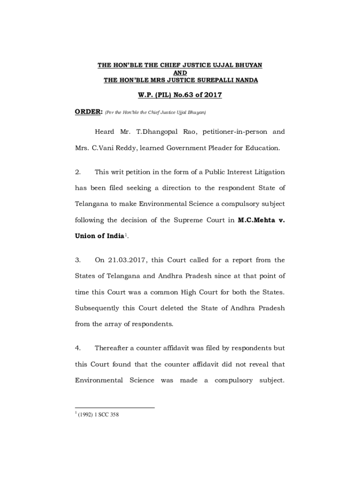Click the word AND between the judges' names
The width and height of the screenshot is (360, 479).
point(180,73)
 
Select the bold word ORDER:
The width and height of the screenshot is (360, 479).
point(89,112)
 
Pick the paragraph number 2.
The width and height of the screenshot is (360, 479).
point(78,172)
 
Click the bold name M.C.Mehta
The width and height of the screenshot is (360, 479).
point(255,220)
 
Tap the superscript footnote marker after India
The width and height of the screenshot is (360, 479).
point(125,234)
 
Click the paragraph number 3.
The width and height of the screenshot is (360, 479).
point(78,260)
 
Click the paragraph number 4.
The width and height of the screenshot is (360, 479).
point(78,348)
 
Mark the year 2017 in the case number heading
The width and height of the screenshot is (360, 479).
point(211,95)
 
